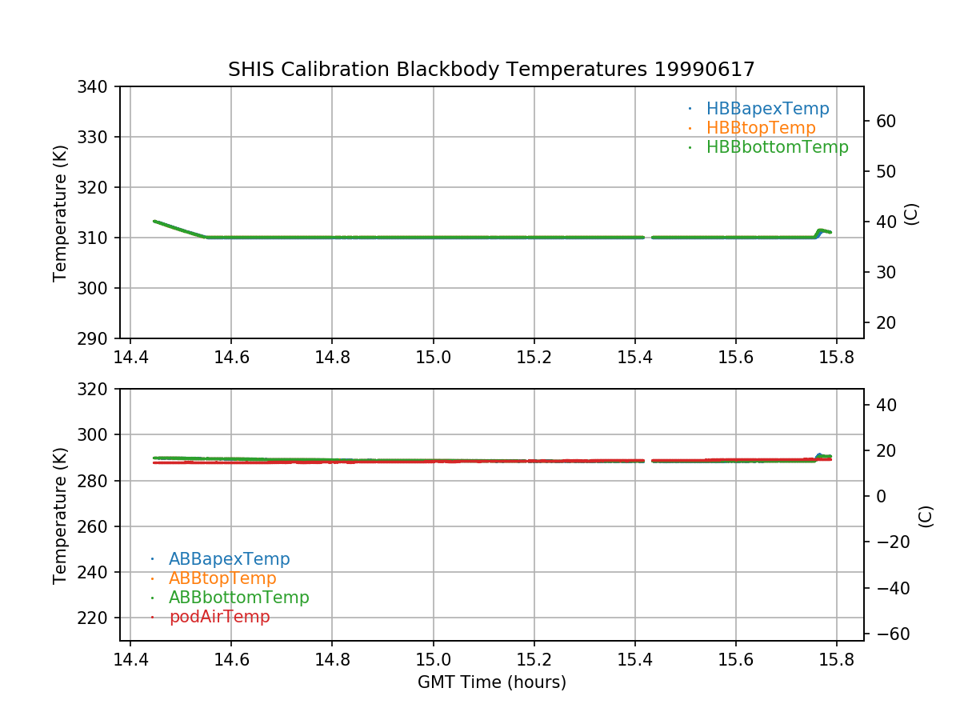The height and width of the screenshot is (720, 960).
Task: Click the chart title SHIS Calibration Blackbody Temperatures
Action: tap(491, 70)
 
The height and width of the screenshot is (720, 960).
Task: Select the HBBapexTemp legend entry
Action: tap(767, 109)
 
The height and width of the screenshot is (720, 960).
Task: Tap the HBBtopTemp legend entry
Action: tap(760, 128)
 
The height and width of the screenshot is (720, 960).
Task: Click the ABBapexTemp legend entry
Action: tap(229, 559)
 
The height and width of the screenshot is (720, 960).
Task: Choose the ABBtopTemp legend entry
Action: tap(222, 578)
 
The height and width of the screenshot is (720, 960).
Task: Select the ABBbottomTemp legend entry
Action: tap(238, 598)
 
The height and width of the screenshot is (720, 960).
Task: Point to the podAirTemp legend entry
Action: tap(219, 617)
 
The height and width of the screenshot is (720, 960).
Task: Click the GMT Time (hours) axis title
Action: tap(491, 682)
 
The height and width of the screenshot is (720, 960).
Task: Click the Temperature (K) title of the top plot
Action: tap(60, 213)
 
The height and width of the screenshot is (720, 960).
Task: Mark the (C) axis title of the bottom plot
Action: tap(926, 516)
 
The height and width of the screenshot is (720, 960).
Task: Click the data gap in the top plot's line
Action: tap(648, 238)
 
